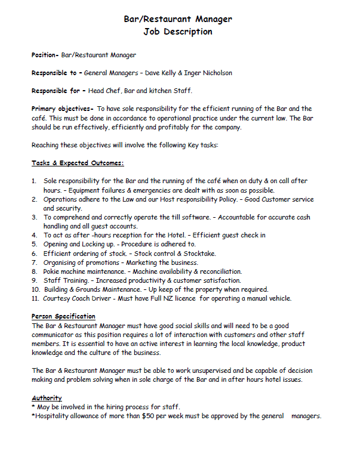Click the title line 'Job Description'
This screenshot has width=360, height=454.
(178, 32)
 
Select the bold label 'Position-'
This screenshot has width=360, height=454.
(45, 55)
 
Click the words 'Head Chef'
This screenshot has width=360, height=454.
(104, 91)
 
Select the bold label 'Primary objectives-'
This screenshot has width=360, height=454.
(62, 109)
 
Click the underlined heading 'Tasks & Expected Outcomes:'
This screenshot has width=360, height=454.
(77, 163)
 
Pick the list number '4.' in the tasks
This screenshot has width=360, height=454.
(35, 235)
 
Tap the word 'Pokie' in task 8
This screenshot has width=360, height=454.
(53, 271)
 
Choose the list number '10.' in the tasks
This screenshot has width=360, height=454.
(35, 289)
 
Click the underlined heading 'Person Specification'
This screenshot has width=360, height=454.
(63, 316)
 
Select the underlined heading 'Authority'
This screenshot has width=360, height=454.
(47, 398)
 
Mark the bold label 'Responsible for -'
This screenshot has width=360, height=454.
(58, 91)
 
